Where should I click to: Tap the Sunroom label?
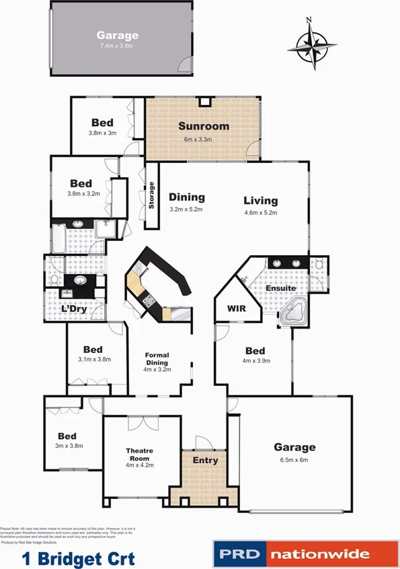point(203,126)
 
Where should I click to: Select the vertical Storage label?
point(152,195)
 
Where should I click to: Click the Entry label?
point(205,460)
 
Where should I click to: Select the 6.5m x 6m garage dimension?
point(294,460)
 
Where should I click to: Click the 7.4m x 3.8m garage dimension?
point(118,46)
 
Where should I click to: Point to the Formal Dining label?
point(157,359)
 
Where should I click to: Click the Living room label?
point(260,201)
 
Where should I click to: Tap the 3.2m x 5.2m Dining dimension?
point(186,209)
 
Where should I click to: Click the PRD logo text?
point(239,555)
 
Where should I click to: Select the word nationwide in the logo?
point(321,555)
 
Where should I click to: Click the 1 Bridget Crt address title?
point(79,558)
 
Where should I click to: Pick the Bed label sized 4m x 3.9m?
point(255,351)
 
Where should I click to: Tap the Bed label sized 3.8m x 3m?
point(102,123)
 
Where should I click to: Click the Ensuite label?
point(280,288)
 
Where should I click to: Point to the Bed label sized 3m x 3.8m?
point(67,436)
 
